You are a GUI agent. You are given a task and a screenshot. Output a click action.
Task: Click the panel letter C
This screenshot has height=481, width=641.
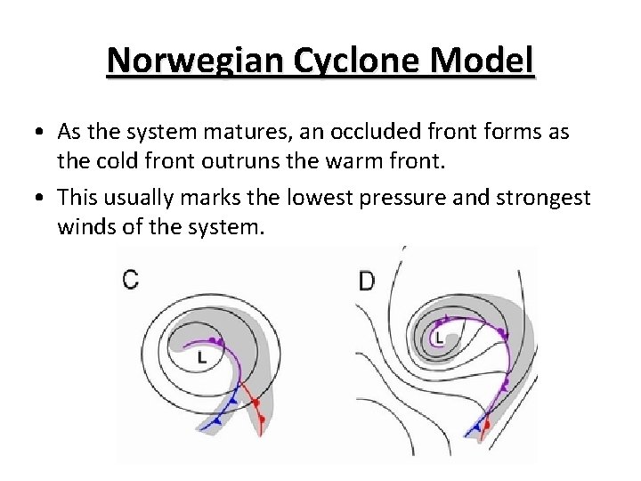click(x=130, y=280)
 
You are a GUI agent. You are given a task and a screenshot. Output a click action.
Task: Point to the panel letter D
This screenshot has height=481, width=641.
click(x=366, y=281)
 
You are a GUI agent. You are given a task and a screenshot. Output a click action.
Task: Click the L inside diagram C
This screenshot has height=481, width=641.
click(x=202, y=357)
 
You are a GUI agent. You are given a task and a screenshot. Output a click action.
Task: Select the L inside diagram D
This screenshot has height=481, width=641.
click(x=439, y=337)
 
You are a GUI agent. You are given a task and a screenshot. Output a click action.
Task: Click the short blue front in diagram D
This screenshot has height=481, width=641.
click(x=479, y=426)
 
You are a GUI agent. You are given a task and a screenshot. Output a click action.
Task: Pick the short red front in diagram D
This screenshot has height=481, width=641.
click(x=487, y=428)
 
